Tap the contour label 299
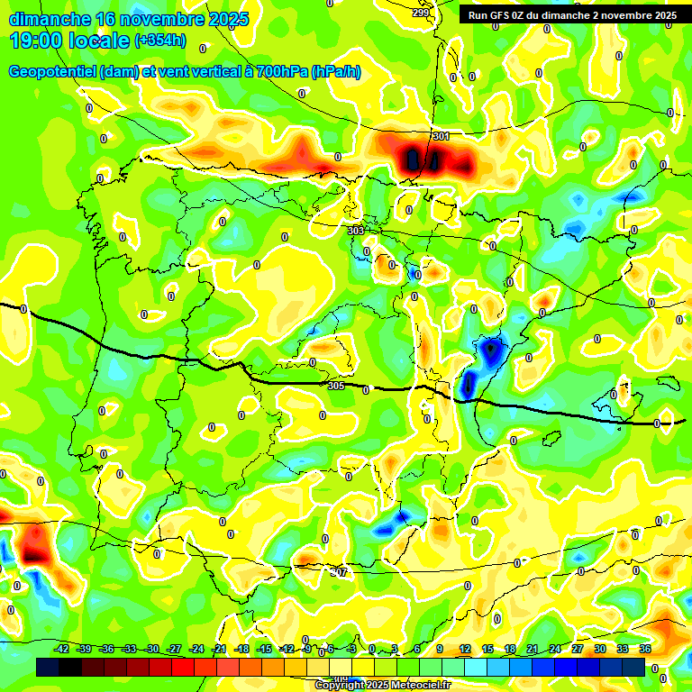pyautogui.click(x=421, y=13)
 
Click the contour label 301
pyautogui.click(x=441, y=136)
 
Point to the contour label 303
pyautogui.click(x=356, y=231)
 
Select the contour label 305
pyautogui.click(x=336, y=386)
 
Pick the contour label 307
pyautogui.click(x=338, y=572)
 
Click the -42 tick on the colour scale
pyautogui.click(x=62, y=649)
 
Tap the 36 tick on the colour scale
pyautogui.click(x=644, y=649)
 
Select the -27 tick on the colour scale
pyautogui.click(x=175, y=649)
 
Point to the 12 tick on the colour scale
pyautogui.click(x=465, y=649)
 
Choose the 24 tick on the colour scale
pyautogui.click(x=555, y=649)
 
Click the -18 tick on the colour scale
pyautogui.click(x=241, y=649)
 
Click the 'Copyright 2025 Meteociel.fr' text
pyautogui.click(x=382, y=686)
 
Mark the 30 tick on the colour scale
pyautogui.click(x=600, y=649)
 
